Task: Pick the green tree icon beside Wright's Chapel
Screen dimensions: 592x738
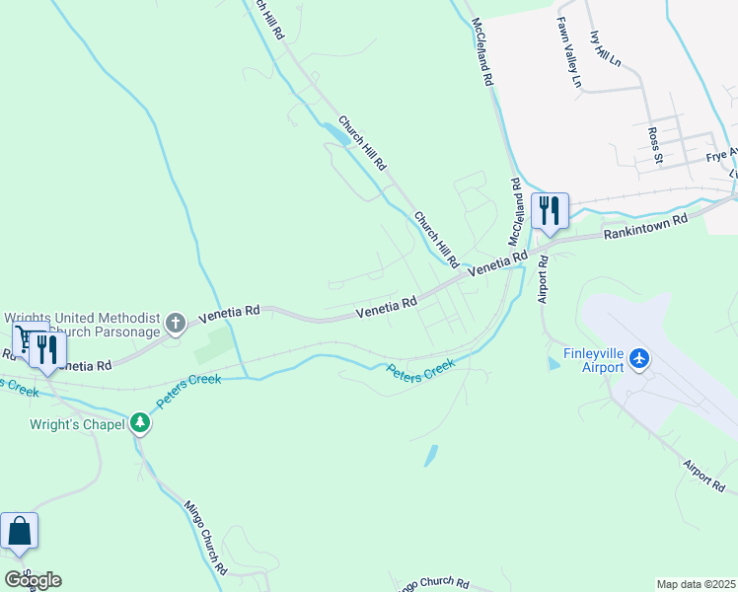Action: pyautogui.click(x=140, y=423)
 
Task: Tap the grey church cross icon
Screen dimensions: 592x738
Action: pyautogui.click(x=175, y=323)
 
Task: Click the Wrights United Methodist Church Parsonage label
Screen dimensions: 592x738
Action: pyautogui.click(x=83, y=325)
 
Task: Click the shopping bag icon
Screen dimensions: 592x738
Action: pyautogui.click(x=19, y=531)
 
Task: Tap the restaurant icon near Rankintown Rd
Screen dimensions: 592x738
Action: pyautogui.click(x=550, y=210)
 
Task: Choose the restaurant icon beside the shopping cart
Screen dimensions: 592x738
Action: pyautogui.click(x=45, y=348)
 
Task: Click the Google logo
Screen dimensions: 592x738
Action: pyautogui.click(x=33, y=579)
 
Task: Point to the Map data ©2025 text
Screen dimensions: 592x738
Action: pyautogui.click(x=696, y=584)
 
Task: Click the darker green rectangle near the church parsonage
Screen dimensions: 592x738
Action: pyautogui.click(x=215, y=345)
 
